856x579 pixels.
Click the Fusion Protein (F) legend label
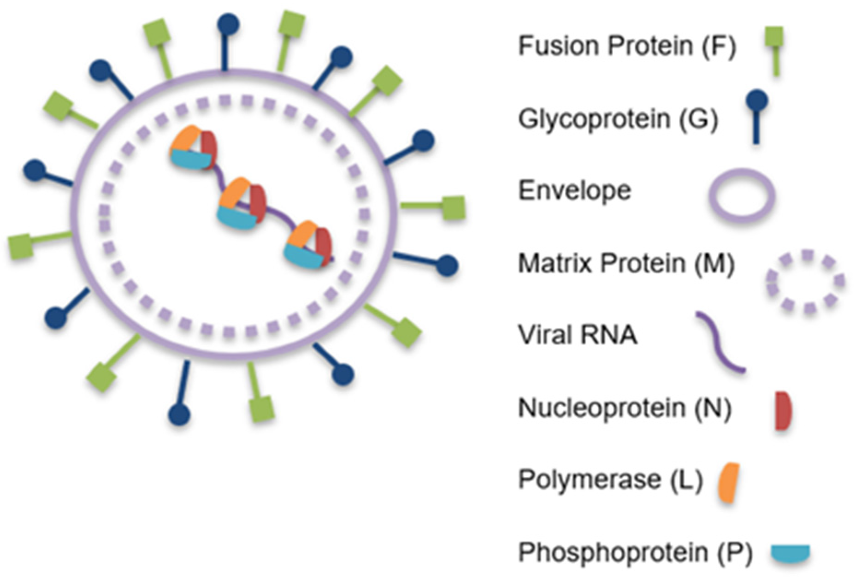(x=626, y=46)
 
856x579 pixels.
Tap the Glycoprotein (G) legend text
(x=618, y=119)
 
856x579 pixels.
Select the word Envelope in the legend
(x=575, y=190)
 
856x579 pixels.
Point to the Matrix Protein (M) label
(x=626, y=263)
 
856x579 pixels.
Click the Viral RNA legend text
(x=578, y=335)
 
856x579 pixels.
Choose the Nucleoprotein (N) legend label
(x=625, y=408)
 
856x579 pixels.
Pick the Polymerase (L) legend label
(x=610, y=480)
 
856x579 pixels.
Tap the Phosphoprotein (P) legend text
(x=635, y=552)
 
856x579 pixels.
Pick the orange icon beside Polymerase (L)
(x=729, y=483)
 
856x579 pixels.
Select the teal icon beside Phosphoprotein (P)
(x=790, y=553)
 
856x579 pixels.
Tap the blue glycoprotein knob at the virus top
(x=228, y=24)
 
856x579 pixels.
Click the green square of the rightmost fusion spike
(x=454, y=208)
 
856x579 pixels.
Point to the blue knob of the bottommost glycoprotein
(x=179, y=414)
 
